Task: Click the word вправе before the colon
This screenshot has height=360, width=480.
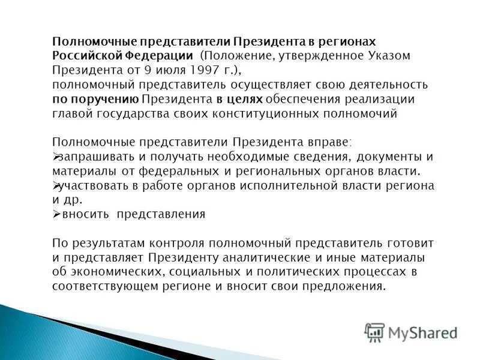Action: coord(329,142)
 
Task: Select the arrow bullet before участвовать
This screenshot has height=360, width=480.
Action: coord(56,186)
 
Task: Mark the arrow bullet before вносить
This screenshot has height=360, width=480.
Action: coord(56,215)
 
